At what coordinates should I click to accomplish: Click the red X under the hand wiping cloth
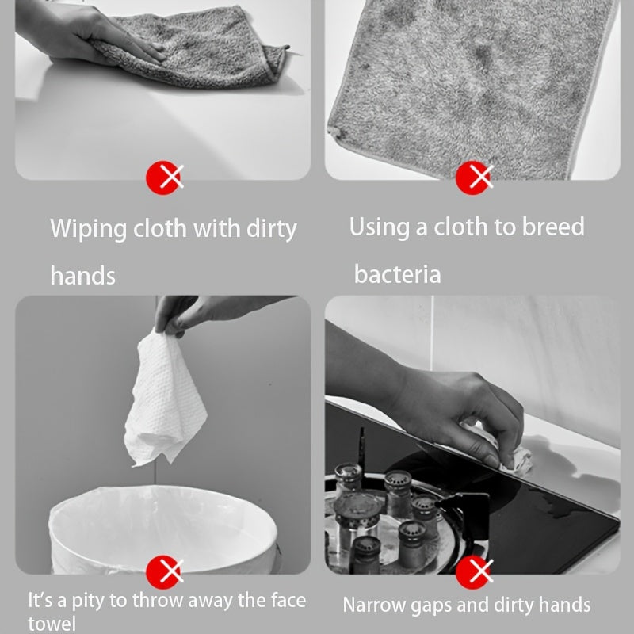[x=165, y=178]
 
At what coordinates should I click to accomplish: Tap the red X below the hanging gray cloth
[x=474, y=178]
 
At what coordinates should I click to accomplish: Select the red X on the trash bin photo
[x=165, y=571]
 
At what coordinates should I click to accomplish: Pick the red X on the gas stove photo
[x=474, y=571]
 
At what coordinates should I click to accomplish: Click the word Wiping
[x=88, y=229]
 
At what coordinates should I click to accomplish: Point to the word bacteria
[x=398, y=274]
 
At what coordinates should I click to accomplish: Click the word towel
[x=52, y=624]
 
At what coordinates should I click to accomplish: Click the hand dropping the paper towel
[x=206, y=312]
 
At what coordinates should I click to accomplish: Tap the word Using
[x=379, y=227]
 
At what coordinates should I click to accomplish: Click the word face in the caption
[x=288, y=600]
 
